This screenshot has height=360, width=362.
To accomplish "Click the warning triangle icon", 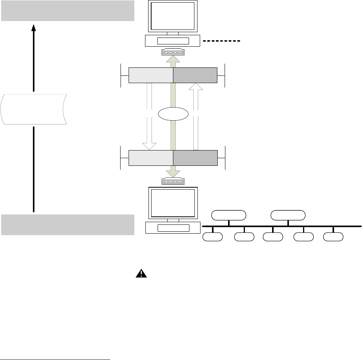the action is pos(142,273).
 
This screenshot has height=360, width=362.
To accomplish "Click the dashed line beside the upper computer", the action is pos(221,41).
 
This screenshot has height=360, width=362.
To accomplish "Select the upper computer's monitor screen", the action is pos(172,16).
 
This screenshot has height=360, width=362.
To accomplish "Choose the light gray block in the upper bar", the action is pos(151,75).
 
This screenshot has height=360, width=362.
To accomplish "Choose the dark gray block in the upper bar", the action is pos(195,75).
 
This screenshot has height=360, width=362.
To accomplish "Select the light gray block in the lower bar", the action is pos(151,158).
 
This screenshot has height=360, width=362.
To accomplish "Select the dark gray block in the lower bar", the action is pos(195,158).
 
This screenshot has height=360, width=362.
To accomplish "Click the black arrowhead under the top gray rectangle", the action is pos(34,27).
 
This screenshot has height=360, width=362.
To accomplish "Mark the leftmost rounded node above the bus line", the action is pos(229,215).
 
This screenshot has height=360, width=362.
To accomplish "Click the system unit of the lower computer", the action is pos(172,228).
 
